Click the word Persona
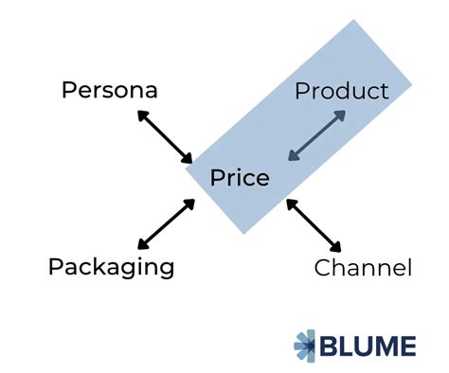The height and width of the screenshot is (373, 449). (x=109, y=91)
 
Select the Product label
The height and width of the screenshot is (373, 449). (x=341, y=91)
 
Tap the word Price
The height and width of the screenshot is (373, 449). (x=240, y=178)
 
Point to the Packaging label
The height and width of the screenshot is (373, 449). (x=112, y=266)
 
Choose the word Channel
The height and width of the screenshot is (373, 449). (x=363, y=269)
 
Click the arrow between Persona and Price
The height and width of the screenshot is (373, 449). (x=165, y=134)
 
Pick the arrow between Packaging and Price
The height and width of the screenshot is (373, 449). (x=167, y=224)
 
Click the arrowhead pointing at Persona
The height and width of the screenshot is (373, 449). (x=141, y=114)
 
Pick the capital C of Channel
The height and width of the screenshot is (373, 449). (x=322, y=269)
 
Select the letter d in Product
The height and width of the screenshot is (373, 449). (x=346, y=91)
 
